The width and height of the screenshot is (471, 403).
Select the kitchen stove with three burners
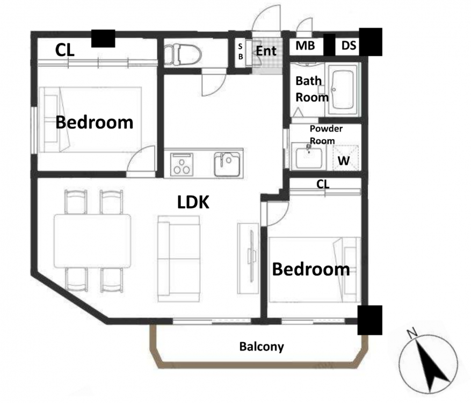pos(182,164)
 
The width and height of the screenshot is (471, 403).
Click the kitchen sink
pos(227,164)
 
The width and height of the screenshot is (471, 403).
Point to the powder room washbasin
pos(307,156)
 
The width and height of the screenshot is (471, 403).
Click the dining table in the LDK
pos(92,241)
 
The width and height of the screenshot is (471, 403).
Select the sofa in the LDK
pos(179,259)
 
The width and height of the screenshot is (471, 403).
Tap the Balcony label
pos(262,347)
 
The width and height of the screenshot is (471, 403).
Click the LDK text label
pos(193,202)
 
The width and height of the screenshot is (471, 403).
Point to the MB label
pos(305,46)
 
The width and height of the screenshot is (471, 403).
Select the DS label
pos(349,46)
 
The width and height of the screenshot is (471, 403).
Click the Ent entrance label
pos(266,51)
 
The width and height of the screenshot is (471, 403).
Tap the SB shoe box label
pos(240,52)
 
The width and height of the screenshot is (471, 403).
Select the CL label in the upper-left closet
pos(65,50)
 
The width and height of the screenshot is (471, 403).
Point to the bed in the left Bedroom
pos(90,120)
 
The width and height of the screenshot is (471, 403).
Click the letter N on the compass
pos(412,333)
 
